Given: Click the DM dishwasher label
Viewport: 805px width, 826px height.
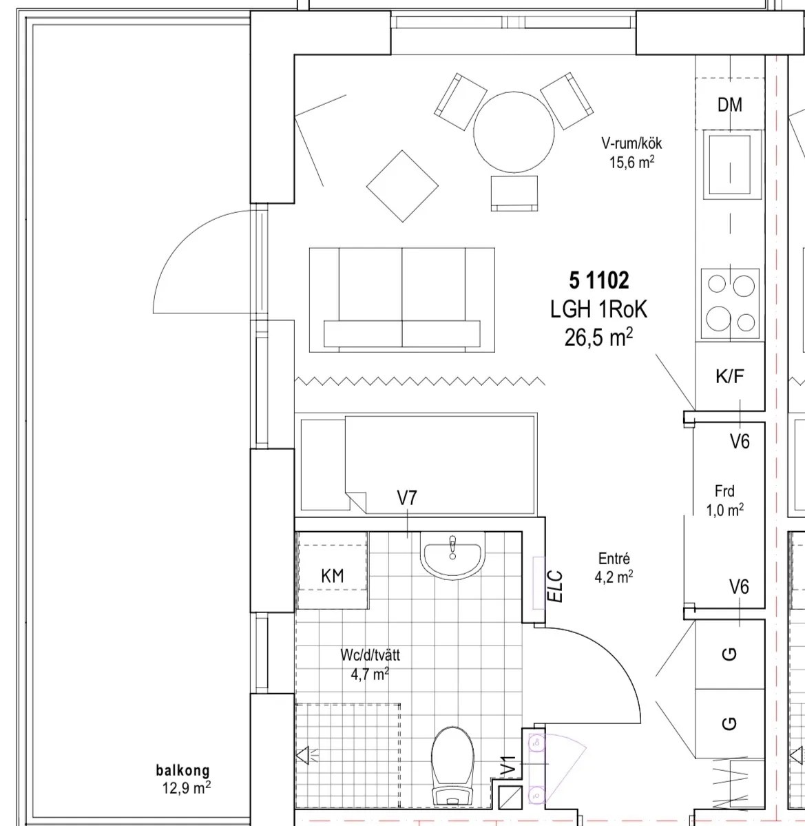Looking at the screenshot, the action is [730, 105].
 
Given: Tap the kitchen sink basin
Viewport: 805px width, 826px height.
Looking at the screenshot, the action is [730, 165].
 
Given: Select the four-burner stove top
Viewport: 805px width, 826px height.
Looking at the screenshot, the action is [730, 303].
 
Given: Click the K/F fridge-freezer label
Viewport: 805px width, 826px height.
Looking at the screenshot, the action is [730, 376].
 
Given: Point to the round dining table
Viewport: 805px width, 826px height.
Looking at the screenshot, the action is [514, 132].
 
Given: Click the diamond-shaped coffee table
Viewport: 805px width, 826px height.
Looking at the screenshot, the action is [402, 186].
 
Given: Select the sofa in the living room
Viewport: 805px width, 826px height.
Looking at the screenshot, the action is [401, 300].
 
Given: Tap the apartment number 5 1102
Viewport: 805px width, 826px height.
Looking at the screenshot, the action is [598, 280].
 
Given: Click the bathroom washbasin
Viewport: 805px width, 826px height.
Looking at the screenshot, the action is [452, 555].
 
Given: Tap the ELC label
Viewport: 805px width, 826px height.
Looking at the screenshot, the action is [556, 586].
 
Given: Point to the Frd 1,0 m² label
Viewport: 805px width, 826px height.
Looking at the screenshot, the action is [725, 500].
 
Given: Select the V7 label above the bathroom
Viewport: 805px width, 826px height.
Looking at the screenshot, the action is [407, 498].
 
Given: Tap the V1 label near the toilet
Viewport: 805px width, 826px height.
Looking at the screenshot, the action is [508, 766].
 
